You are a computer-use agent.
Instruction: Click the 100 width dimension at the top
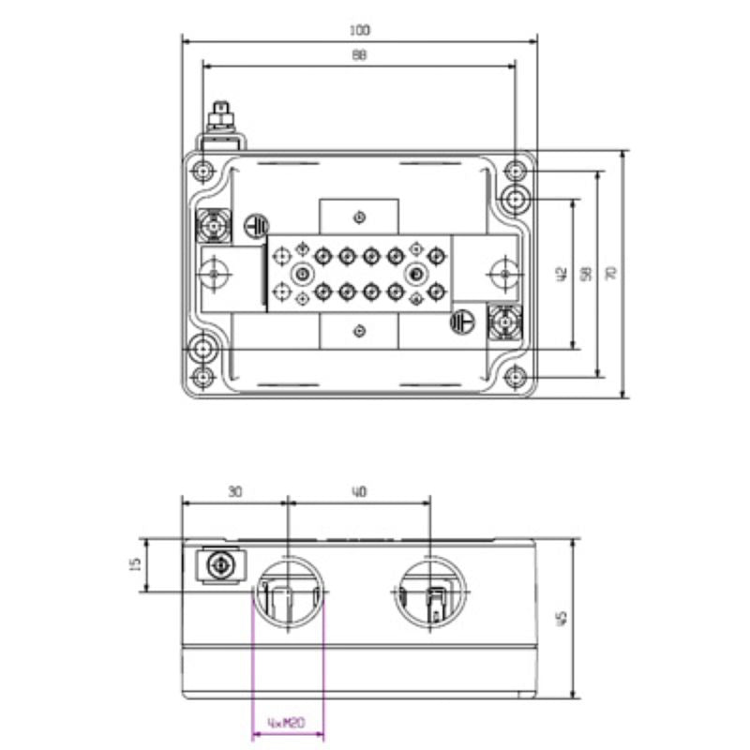pos(359,31)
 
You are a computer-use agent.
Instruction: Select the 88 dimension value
pos(359,56)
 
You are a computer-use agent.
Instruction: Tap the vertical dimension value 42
pos(561,274)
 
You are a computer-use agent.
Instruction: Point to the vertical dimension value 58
pos(586,274)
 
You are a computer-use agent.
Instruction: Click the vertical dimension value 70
pos(611,274)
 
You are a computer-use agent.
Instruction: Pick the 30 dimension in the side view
pos(234,492)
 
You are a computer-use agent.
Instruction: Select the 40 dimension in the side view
pos(359,492)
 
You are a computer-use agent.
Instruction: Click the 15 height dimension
pos(134,564)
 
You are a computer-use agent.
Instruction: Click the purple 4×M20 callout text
pos(288,724)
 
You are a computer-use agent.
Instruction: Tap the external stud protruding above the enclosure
pos(221,119)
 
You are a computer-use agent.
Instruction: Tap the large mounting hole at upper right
pos(515,200)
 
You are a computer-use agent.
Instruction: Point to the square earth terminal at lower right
pos(505,324)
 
